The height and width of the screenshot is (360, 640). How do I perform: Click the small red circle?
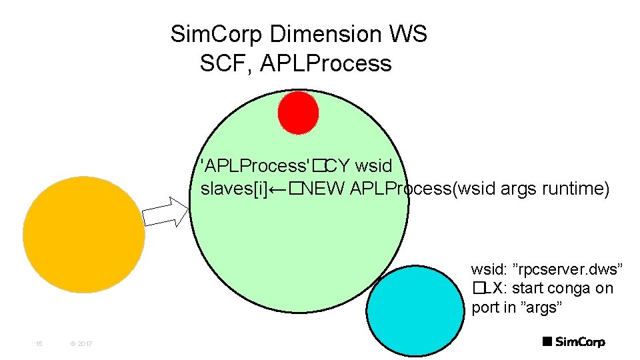(x=298, y=112)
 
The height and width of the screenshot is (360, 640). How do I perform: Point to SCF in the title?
(x=225, y=63)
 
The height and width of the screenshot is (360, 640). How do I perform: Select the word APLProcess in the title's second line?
(x=326, y=64)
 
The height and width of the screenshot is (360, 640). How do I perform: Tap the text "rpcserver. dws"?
(x=566, y=269)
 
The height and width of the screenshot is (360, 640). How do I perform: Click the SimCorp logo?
(x=573, y=342)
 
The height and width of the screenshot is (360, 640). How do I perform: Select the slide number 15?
(x=39, y=343)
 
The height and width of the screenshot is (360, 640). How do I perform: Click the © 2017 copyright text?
(x=81, y=343)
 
